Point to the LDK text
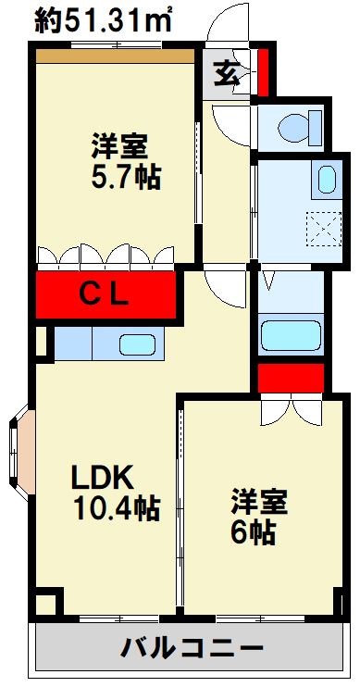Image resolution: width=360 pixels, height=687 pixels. [x=105, y=478]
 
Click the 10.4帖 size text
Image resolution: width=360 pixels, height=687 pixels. [x=116, y=507]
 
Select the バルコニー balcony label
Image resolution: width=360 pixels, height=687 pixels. [x=192, y=647]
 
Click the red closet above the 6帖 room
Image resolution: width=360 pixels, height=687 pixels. [x=290, y=379]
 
